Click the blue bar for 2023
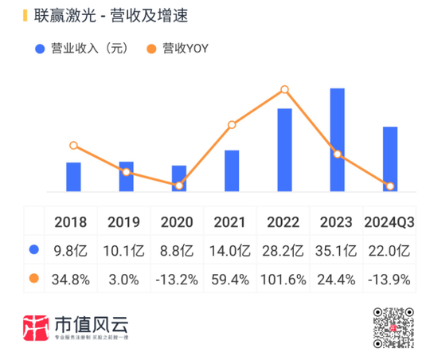pyautogui.click(x=337, y=139)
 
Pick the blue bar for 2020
pyautogui.click(x=179, y=178)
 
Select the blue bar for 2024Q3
pyautogui.click(x=390, y=159)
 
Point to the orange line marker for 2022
pyautogui.click(x=284, y=90)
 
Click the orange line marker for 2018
pyautogui.click(x=73, y=146)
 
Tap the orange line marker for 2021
pyautogui.click(x=232, y=125)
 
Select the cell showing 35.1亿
pyautogui.click(x=336, y=251)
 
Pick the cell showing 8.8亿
pyautogui.click(x=177, y=251)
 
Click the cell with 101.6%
pyautogui.click(x=283, y=280)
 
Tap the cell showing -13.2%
pyautogui.click(x=177, y=280)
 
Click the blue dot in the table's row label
pyautogui.click(x=33, y=250)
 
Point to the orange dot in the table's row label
pyautogui.click(x=33, y=279)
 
